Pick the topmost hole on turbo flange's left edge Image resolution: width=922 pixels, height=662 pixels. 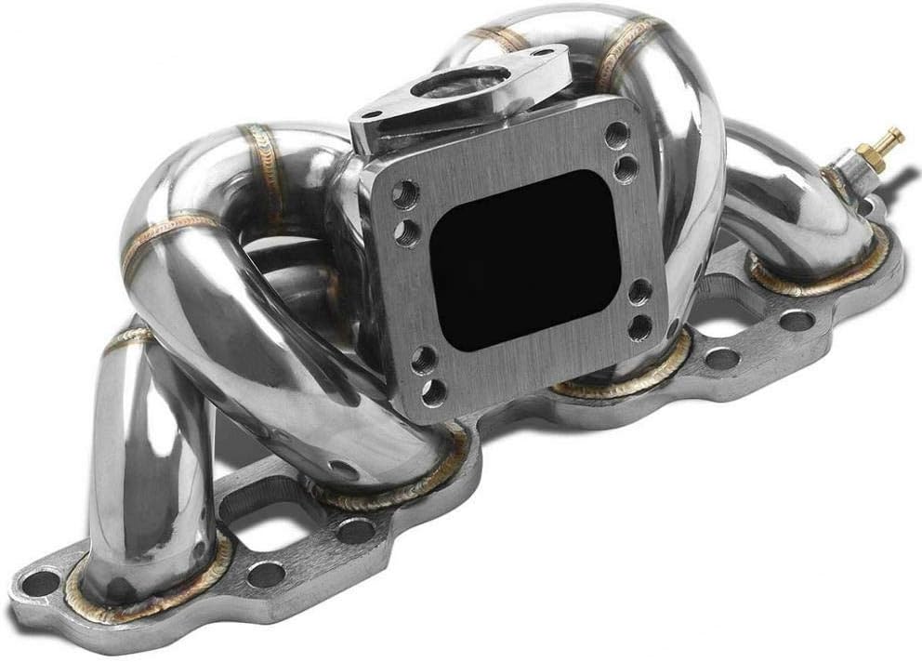pyautogui.click(x=403, y=194)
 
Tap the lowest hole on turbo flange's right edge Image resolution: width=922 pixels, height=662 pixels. pyautogui.click(x=639, y=325)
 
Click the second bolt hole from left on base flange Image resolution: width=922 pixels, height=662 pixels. pyautogui.click(x=265, y=574)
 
